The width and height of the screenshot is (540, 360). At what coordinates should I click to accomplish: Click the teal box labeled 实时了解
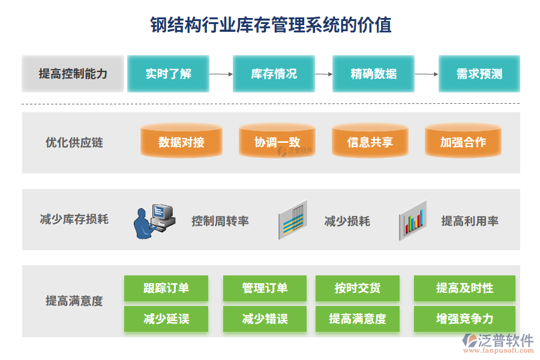pyautogui.click(x=168, y=74)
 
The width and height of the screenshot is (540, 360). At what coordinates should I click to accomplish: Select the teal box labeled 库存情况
pyautogui.click(x=274, y=74)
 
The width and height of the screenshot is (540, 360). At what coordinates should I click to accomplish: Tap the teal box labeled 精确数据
pyautogui.click(x=373, y=74)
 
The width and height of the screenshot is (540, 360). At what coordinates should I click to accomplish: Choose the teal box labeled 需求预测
pyautogui.click(x=479, y=74)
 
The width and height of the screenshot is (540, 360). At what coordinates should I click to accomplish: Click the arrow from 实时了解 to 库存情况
pyautogui.click(x=221, y=74)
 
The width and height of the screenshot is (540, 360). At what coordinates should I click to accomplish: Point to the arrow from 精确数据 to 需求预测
pyautogui.click(x=427, y=74)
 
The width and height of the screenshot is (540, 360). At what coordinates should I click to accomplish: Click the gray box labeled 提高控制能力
pyautogui.click(x=73, y=74)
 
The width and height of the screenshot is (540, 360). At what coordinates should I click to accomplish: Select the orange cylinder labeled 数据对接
pyautogui.click(x=181, y=140)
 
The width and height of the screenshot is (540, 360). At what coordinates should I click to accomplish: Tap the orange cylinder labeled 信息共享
pyautogui.click(x=370, y=140)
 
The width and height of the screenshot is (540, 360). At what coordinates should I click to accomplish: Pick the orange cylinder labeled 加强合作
pyautogui.click(x=463, y=140)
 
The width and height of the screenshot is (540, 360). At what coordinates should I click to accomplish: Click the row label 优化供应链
pyautogui.click(x=74, y=142)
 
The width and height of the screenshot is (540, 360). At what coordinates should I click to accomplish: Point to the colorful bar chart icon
pyautogui.click(x=413, y=220)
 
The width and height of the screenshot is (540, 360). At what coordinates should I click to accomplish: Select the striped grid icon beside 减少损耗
pyautogui.click(x=293, y=220)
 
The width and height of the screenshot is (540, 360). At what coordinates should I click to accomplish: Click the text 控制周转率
pyautogui.click(x=220, y=221)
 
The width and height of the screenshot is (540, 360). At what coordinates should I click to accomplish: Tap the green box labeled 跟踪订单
pyautogui.click(x=166, y=288)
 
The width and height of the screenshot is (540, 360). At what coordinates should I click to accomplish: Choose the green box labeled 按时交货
pyautogui.click(x=358, y=288)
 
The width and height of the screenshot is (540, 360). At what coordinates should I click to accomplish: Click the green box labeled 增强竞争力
pyautogui.click(x=464, y=319)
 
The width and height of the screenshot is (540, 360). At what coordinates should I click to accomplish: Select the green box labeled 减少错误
pyautogui.click(x=265, y=319)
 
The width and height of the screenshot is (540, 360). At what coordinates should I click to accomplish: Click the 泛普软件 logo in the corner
pyautogui.click(x=498, y=343)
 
